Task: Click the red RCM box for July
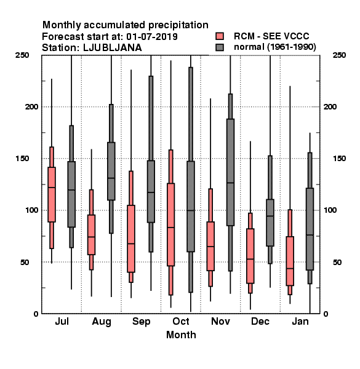[52, 194]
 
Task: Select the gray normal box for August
[111, 171]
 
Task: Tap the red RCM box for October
[170, 224]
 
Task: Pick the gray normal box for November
[230, 172]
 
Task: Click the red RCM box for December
[250, 256]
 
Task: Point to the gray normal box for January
[310, 229]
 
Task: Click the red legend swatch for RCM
[220, 36]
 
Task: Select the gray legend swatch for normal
[220, 47]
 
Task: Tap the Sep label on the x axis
[142, 322]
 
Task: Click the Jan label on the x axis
[300, 321]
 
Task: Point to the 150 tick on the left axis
[22, 159]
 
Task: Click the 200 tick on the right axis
[330, 106]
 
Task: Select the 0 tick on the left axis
[36, 314]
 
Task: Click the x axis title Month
[181, 335]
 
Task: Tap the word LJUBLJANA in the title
[113, 48]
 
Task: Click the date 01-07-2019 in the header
[152, 36]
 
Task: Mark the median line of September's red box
[131, 244]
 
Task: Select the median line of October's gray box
[191, 210]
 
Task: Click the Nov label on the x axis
[220, 321]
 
